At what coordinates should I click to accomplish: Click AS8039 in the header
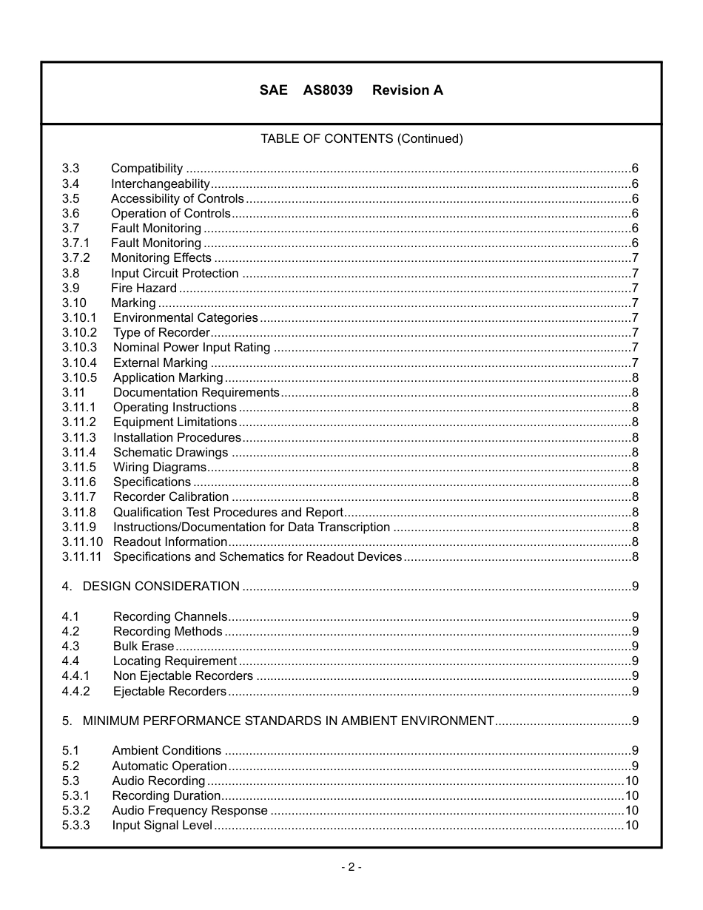tap(328, 90)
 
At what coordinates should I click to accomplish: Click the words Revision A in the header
tap(408, 90)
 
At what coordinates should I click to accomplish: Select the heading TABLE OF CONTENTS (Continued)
tap(361, 139)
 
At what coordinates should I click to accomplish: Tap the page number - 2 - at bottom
tap(351, 867)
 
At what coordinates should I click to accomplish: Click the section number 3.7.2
tap(75, 258)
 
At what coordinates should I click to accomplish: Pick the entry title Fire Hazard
tap(144, 289)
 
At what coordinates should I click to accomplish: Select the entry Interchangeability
tap(161, 184)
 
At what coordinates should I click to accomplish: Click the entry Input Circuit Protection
tap(175, 274)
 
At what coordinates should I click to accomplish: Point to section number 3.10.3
tap(79, 348)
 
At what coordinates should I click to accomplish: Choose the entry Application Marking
tap(168, 378)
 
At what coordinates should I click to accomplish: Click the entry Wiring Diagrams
tap(160, 468)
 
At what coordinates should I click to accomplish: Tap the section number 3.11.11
tap(81, 557)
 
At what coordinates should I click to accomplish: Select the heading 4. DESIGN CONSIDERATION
tap(151, 587)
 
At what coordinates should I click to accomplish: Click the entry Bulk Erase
tap(144, 647)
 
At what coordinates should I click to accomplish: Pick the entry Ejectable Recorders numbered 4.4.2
tap(169, 692)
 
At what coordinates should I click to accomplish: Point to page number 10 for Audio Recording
tap(632, 781)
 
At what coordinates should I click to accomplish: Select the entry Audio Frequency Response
tap(189, 811)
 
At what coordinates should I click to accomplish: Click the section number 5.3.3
tap(75, 826)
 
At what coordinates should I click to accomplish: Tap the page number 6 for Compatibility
tap(635, 169)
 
